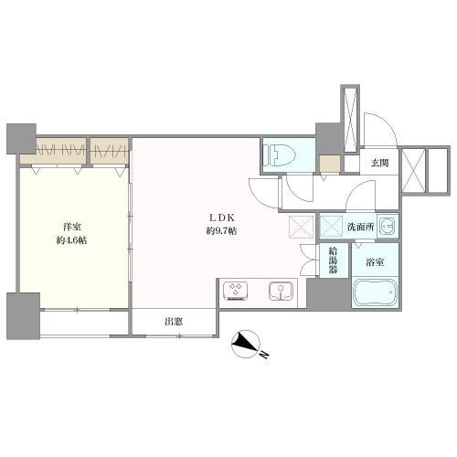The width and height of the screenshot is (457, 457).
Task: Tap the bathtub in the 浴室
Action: pyautogui.click(x=375, y=292)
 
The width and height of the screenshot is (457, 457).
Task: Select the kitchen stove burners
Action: pyautogui.click(x=236, y=292)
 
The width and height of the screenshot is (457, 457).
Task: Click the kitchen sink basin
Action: pyautogui.click(x=281, y=291)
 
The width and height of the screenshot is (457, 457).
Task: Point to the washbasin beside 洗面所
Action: pyautogui.click(x=388, y=226)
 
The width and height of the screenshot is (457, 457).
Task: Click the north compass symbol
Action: pyautogui.click(x=246, y=344)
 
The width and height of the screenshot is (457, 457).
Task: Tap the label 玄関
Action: pyautogui.click(x=379, y=163)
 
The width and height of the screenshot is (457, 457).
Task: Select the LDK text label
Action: pyautogui.click(x=221, y=218)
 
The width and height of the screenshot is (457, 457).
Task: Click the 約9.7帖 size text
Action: pyautogui.click(x=221, y=231)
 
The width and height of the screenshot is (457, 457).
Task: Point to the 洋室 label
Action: pyautogui.click(x=72, y=227)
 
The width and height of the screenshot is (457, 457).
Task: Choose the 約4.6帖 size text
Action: pyautogui.click(x=71, y=240)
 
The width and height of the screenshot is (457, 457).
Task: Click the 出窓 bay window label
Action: pyautogui.click(x=174, y=321)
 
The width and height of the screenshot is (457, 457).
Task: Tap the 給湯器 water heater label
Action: pyautogui.click(x=333, y=260)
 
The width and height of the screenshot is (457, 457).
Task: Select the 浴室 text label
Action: pyautogui.click(x=375, y=262)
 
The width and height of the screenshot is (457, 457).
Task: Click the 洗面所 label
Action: pyautogui.click(x=361, y=227)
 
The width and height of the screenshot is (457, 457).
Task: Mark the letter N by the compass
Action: pyautogui.click(x=264, y=355)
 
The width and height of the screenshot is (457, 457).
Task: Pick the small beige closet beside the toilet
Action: pyautogui.click(x=330, y=164)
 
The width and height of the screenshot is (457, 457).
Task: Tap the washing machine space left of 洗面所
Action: pyautogui.click(x=332, y=226)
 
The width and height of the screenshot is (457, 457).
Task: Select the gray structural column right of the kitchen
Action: pyautogui.click(x=328, y=293)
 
